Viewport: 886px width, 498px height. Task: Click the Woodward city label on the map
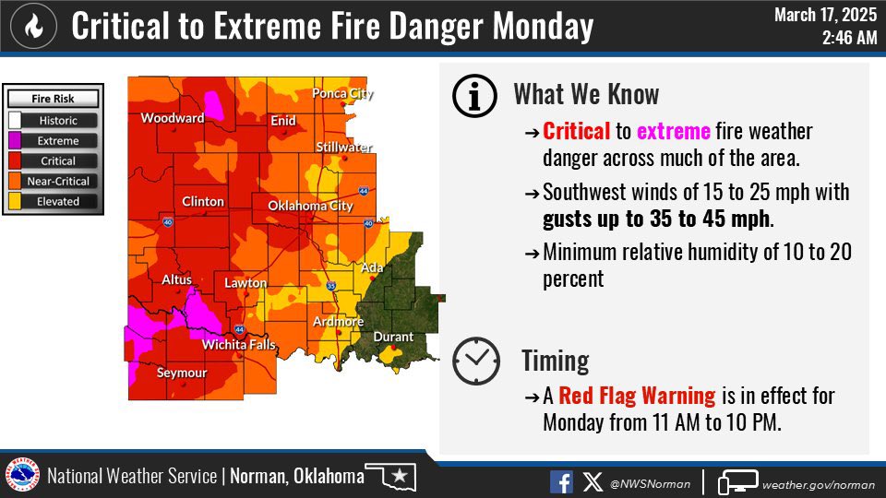172,118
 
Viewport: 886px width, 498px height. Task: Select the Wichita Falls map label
239,346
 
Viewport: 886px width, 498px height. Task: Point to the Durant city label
393,337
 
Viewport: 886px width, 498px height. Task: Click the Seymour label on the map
182,373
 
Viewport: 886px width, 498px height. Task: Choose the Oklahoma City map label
310,205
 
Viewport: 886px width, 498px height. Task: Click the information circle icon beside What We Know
475,95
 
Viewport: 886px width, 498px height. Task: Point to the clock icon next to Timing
475,361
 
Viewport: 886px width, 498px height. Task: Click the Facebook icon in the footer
561,481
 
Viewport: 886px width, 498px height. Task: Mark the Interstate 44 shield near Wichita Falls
239,329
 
